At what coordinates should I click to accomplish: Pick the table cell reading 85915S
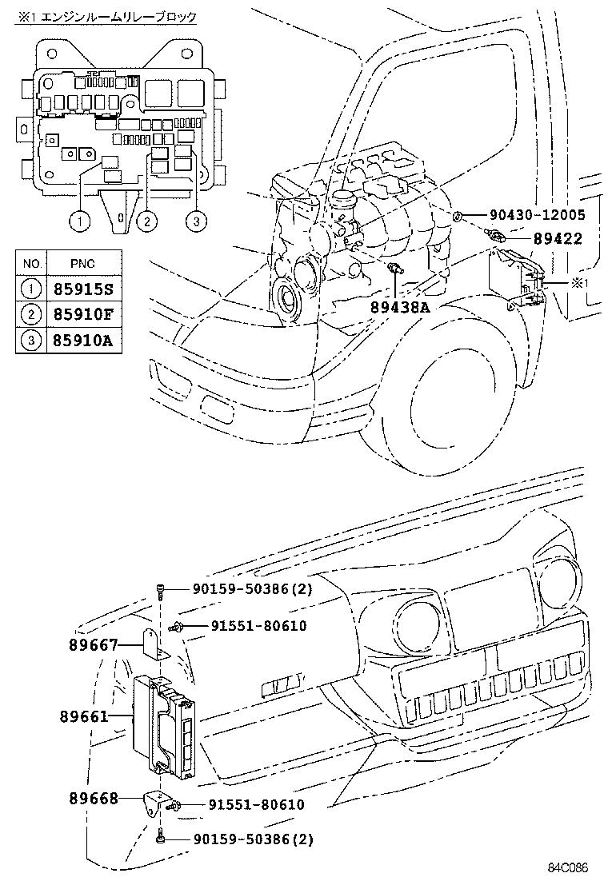[83, 287]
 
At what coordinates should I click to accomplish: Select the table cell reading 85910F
[83, 313]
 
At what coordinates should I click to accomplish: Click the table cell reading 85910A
[83, 341]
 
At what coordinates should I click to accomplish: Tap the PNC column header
[83, 262]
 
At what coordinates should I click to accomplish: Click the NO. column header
[32, 262]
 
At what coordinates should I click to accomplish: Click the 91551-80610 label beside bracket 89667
[258, 626]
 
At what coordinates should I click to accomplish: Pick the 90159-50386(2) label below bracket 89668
[252, 839]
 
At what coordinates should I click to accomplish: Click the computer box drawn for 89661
[163, 724]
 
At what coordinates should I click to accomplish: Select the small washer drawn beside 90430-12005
[457, 216]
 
